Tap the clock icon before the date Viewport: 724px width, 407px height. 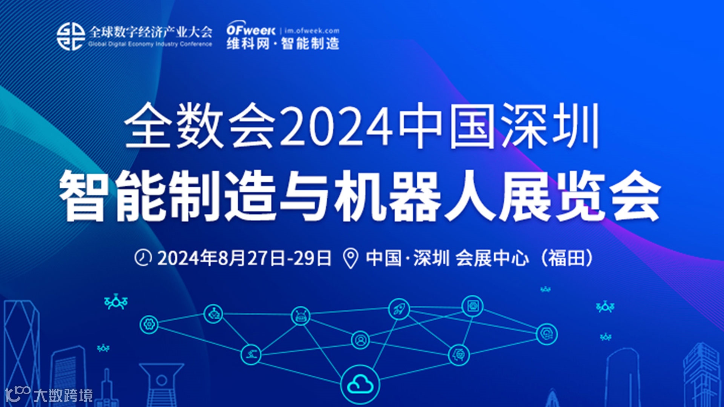coord(143,258)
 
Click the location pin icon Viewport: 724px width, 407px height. coord(351,259)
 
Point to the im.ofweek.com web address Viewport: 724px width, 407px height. coord(312,31)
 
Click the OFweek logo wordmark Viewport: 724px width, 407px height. coord(251,30)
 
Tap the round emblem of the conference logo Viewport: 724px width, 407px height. coord(71,37)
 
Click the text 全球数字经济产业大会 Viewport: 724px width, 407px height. coord(150,32)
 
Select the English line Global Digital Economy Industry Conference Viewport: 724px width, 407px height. coord(150,44)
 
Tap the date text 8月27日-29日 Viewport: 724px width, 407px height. coord(275,258)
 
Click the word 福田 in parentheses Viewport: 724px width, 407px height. coord(566,258)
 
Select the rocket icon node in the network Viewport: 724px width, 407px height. coord(399,309)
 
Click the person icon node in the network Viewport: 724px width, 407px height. coord(360,340)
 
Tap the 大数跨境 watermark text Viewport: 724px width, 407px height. coord(63,395)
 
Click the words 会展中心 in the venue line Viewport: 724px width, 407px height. coord(492,258)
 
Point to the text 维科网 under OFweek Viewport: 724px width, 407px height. coord(248,44)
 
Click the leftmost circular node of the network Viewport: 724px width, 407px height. coord(149,324)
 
